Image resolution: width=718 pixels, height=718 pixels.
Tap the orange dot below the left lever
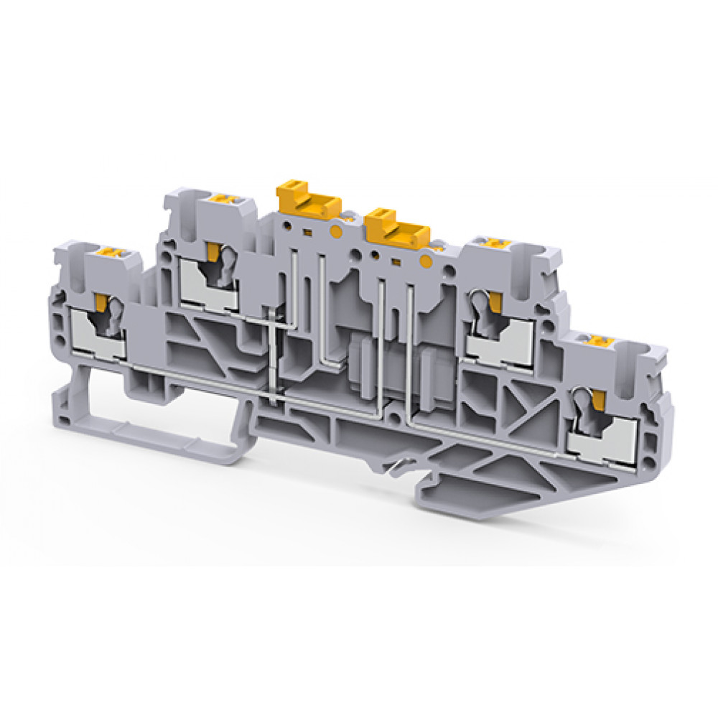coord(335,230)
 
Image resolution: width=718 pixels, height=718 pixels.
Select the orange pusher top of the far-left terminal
coord(111,252)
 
